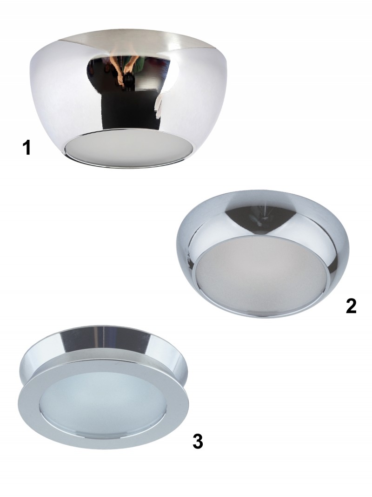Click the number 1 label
27,148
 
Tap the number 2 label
351,306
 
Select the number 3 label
198,442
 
